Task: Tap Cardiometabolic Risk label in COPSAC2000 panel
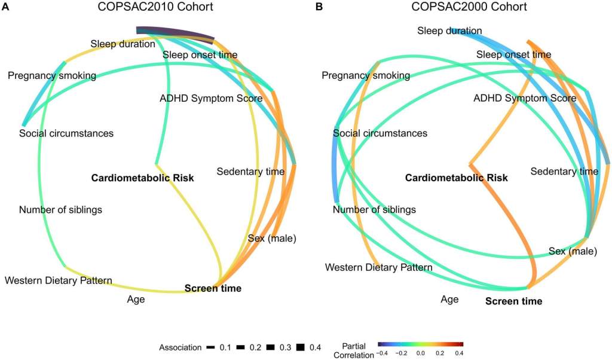(457, 178)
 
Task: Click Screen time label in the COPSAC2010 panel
(213, 288)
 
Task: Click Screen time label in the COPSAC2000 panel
(513, 301)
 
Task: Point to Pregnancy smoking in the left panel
(52, 75)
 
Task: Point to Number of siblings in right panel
(374, 210)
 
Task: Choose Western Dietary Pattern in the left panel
(58, 280)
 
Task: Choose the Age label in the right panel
(449, 299)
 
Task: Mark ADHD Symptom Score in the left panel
(211, 98)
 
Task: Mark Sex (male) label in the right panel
(573, 251)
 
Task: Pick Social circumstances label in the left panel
(66, 133)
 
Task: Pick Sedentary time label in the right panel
(564, 172)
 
